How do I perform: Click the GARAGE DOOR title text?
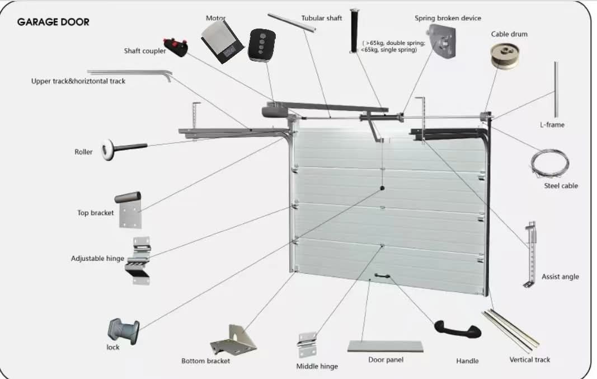(53, 22)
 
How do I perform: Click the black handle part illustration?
(458, 329)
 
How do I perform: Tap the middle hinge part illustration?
(307, 345)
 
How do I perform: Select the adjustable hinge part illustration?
(138, 260)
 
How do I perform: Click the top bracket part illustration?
(129, 209)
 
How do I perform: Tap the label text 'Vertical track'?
(529, 359)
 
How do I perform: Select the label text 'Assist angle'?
(560, 277)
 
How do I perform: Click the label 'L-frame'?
(552, 125)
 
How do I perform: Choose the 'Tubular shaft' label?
(321, 18)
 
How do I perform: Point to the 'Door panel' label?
(386, 359)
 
